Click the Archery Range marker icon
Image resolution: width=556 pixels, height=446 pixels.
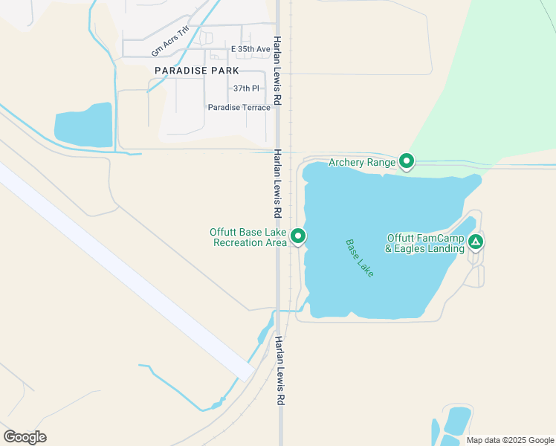coord(407,161)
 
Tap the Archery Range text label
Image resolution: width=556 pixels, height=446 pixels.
coord(362,162)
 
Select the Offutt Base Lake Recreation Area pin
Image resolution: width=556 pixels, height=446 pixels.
coord(299,236)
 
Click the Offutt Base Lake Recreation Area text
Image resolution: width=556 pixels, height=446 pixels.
coord(248,237)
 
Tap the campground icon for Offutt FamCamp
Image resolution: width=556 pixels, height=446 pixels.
coord(476,241)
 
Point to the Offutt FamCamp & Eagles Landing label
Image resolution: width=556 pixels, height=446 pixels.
coord(425,244)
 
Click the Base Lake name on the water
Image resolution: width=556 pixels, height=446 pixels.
coord(360,258)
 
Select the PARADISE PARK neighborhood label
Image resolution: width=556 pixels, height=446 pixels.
coord(197,71)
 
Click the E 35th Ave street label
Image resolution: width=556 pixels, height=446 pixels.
coord(250,49)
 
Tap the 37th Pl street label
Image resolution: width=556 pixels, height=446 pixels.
coord(246,88)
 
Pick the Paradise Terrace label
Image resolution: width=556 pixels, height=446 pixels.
coord(239,108)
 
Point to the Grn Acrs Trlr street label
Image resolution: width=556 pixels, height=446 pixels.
coord(170,41)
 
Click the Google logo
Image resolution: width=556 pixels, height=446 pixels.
coord(25,437)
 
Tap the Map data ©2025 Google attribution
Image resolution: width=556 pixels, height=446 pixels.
coord(509,440)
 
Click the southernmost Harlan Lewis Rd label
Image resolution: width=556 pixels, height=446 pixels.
coord(280,369)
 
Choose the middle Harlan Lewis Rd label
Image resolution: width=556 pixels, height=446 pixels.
coord(277,183)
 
